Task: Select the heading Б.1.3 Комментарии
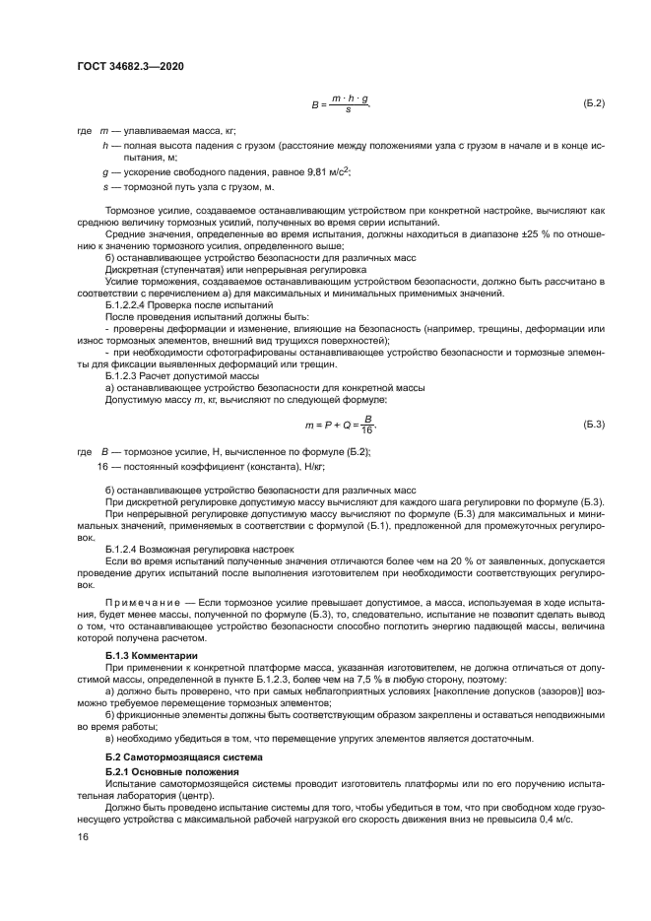[152, 654]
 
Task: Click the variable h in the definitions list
[104, 145]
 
